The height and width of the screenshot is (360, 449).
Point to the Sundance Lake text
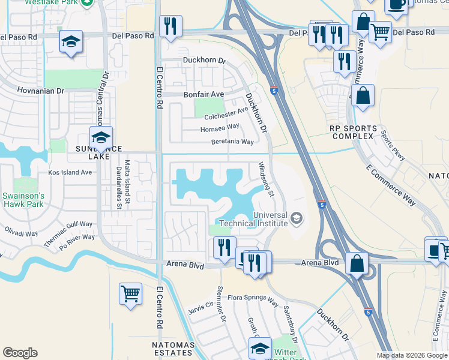(98, 152)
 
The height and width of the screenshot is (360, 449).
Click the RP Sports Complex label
(354, 133)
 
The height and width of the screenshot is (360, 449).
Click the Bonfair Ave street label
(203, 95)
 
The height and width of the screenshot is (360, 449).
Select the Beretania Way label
(232, 142)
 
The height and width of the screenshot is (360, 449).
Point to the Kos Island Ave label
(70, 172)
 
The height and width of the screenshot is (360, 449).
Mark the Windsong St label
(266, 179)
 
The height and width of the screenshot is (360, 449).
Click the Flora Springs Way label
(253, 299)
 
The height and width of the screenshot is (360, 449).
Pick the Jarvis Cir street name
(200, 307)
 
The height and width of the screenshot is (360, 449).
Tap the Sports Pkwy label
(393, 145)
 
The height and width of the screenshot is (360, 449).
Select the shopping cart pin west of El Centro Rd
(130, 294)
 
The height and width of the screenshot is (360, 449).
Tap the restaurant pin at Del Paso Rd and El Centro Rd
(170, 26)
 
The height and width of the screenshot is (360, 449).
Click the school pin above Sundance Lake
(101, 137)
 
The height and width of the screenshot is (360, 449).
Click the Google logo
(20, 353)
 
